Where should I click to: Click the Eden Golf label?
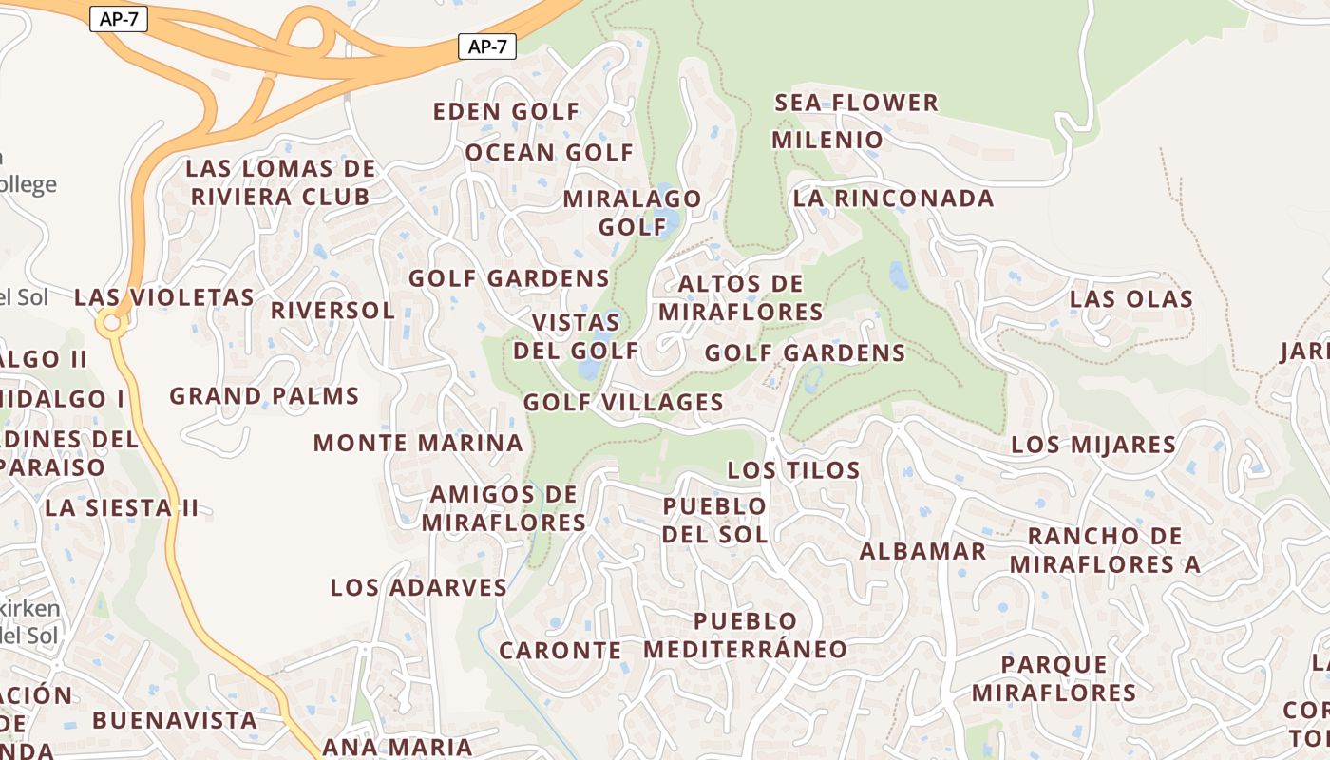(505, 111)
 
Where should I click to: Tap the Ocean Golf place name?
(549, 152)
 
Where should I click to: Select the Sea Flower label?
(857, 103)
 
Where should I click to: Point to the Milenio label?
(827, 140)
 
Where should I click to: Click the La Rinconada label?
(893, 199)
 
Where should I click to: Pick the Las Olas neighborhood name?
(1130, 298)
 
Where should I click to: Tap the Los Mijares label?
(1093, 444)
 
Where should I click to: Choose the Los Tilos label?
(793, 469)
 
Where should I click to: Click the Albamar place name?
(922, 551)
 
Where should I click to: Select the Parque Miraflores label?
(1054, 678)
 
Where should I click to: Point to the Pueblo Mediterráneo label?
(746, 636)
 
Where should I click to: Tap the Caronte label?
(560, 651)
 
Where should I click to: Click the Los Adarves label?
(419, 587)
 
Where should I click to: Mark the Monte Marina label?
(418, 443)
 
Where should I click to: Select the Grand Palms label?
(264, 396)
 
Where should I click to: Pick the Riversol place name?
(332, 311)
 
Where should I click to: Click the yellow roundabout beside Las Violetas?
(112, 323)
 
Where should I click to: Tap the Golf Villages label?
(623, 402)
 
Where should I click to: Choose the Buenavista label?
(175, 720)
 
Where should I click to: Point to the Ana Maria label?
(397, 747)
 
